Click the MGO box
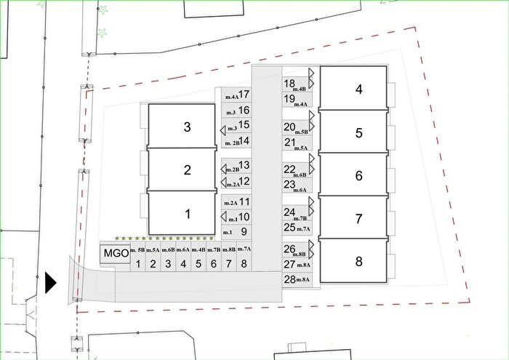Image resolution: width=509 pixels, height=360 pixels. [x=115, y=253]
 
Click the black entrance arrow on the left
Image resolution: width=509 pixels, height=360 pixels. [x=51, y=283]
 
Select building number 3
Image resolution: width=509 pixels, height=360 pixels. [x=182, y=126]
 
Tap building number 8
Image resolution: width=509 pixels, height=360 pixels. [x=353, y=261]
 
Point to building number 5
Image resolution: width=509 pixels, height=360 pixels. [x=353, y=132]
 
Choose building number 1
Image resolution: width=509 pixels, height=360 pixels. [x=182, y=213]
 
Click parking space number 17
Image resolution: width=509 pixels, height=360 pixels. [x=236, y=95]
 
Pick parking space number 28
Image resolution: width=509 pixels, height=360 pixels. [x=297, y=280]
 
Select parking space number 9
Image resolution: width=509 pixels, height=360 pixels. [x=236, y=232]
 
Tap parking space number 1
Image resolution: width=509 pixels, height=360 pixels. [x=138, y=257]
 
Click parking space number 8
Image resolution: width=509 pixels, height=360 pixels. [x=244, y=257]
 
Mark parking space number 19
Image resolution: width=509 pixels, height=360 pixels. [x=297, y=100]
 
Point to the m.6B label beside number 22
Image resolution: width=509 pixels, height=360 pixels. [x=300, y=175]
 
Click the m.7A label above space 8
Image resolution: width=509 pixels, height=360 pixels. [x=244, y=249]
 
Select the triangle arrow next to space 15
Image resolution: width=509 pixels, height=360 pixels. [x=223, y=130]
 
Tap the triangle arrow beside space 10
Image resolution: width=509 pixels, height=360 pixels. [x=224, y=217]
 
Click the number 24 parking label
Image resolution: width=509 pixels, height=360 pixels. [x=289, y=212]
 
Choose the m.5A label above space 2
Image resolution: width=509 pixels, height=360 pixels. [x=153, y=250]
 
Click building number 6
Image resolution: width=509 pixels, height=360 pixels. [x=353, y=175]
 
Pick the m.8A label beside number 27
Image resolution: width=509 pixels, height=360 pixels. [x=303, y=265]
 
